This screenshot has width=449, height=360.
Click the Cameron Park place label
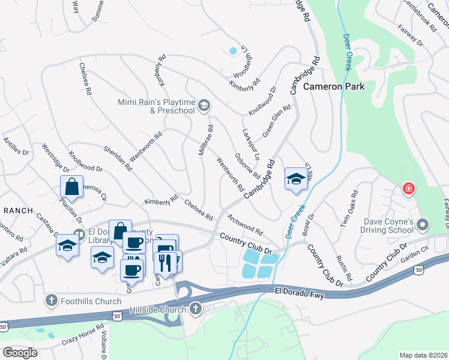[x=333, y=86]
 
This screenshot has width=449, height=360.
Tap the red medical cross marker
[x=409, y=189]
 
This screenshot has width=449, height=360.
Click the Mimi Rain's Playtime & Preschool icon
[x=204, y=106]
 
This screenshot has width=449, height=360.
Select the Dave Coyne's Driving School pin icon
[x=423, y=226]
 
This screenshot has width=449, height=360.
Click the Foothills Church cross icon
[x=52, y=300]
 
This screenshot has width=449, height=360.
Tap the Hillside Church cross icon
[x=195, y=310]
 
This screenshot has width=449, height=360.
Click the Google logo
[x=20, y=352]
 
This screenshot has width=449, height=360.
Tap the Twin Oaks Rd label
[x=349, y=209]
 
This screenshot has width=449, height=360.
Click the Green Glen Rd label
[x=277, y=121]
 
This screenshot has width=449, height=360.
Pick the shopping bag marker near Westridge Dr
[x=72, y=187]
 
